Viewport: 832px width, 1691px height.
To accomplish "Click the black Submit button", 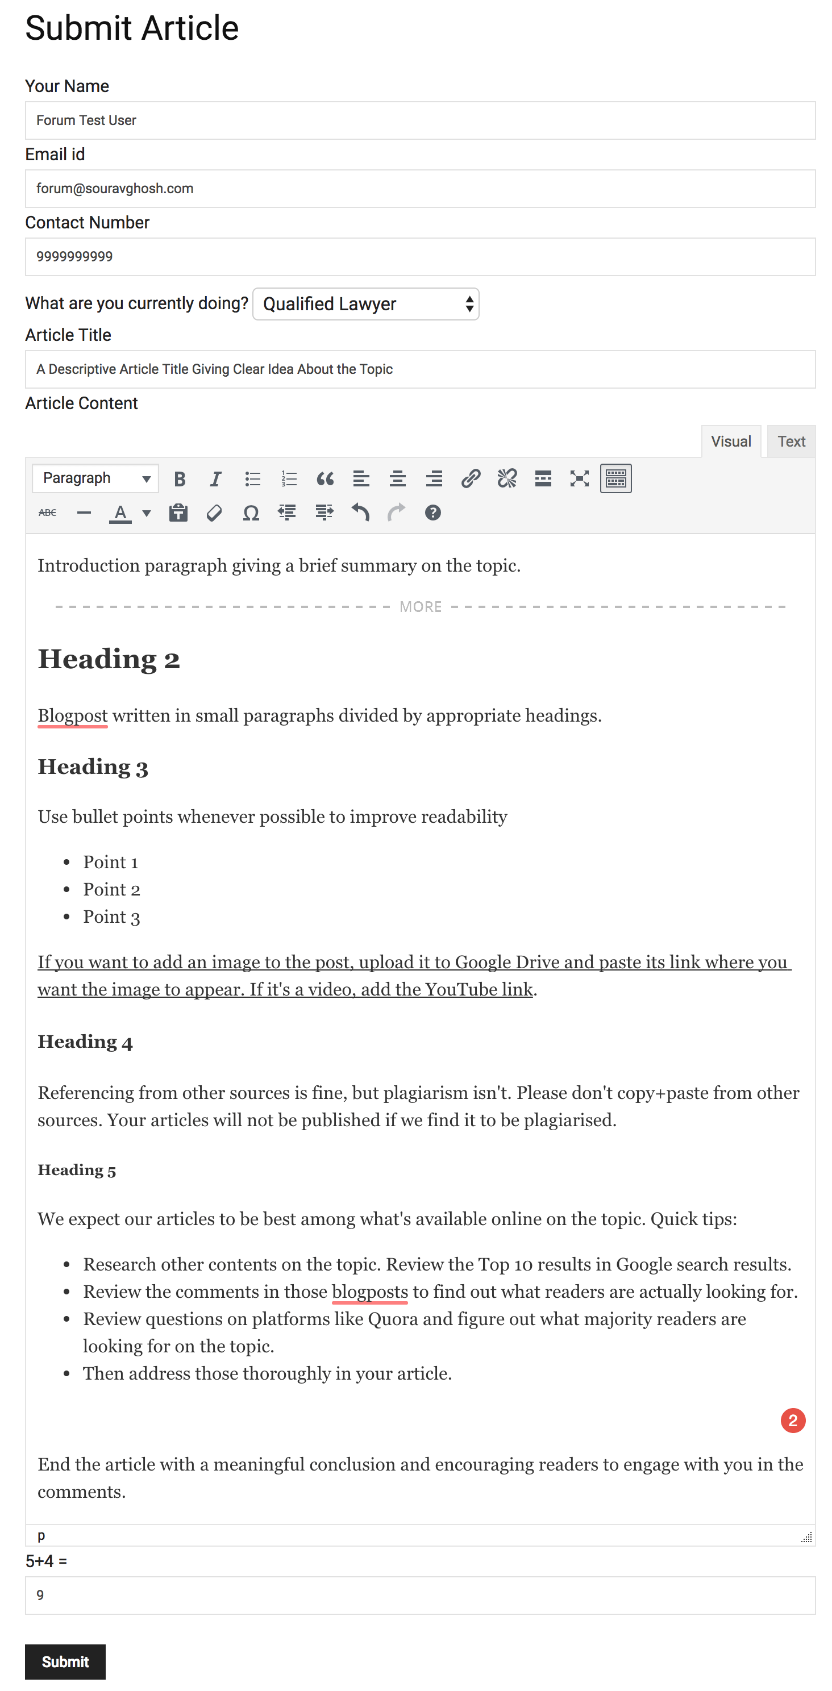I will tap(65, 1661).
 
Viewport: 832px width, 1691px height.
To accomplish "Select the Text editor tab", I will tap(791, 441).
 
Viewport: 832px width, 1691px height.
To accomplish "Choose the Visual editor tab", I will tap(730, 441).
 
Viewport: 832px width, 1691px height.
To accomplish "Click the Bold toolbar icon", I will tap(179, 478).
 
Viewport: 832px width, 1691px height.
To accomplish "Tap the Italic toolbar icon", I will tap(215, 478).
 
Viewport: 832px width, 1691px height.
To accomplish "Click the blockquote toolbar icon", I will tap(325, 478).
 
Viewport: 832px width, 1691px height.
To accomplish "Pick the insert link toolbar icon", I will tap(470, 478).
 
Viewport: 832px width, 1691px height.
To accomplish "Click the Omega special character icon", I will tap(251, 513).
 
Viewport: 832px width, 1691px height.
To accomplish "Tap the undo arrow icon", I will tap(360, 513).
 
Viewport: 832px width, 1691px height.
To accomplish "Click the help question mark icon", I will tap(432, 513).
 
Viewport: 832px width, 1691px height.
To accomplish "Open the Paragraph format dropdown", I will tap(95, 478).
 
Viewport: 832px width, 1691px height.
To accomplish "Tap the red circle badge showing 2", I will tap(793, 1421).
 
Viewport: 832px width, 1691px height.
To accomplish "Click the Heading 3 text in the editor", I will tap(93, 767).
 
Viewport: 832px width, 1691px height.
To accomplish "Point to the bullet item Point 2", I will tap(111, 889).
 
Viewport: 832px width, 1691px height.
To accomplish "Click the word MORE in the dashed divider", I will tap(421, 606).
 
